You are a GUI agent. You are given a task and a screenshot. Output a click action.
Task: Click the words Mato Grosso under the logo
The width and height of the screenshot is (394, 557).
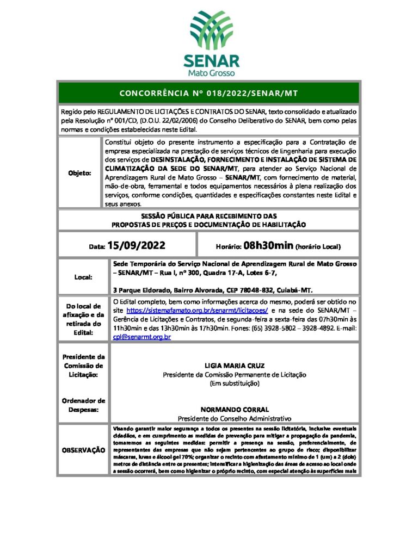209,72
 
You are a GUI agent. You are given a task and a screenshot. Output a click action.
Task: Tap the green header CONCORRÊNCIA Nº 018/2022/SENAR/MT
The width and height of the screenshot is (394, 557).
208,93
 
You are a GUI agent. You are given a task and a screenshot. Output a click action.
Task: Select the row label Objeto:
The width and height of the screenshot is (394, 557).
79,173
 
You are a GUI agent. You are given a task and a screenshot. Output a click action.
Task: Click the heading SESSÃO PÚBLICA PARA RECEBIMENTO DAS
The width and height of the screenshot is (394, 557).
208,216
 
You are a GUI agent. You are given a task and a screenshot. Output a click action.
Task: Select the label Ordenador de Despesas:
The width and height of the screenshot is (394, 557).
83,405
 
